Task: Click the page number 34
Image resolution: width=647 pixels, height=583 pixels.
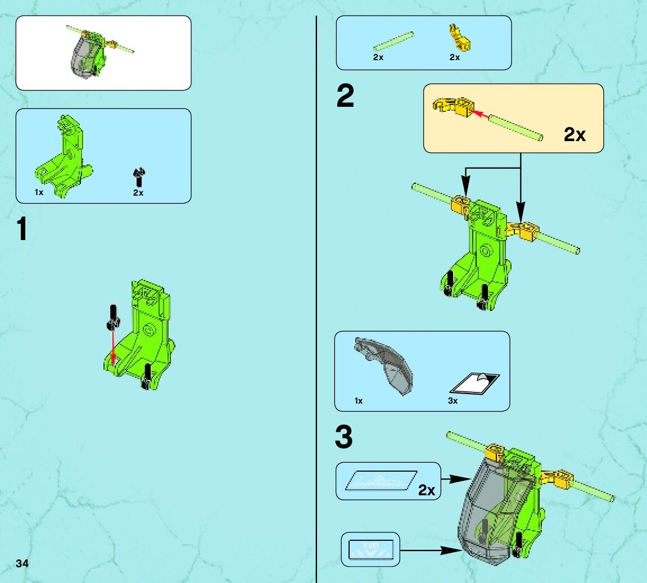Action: pos(22,564)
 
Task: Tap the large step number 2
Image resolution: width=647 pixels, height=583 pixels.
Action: pos(345,96)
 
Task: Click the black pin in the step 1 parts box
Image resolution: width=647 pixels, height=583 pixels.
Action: pos(139,177)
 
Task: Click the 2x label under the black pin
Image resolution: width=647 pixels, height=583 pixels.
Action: pos(138,193)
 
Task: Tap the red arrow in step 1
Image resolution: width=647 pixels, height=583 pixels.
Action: pos(113,346)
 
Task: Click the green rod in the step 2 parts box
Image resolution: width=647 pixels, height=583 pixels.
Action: pos(393,42)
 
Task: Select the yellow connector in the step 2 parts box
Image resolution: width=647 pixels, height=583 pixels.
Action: pos(460,38)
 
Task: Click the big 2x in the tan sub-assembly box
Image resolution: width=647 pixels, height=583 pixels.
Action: pos(574,134)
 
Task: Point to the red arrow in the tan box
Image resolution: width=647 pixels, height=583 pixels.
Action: pos(480,114)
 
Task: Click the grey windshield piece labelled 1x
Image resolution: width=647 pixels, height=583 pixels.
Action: pos(383,365)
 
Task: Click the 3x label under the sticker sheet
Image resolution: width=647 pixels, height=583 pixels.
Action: pos(453,401)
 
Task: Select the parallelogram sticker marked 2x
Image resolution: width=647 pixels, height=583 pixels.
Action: pos(381,481)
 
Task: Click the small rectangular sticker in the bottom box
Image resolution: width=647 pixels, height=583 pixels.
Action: pos(371,550)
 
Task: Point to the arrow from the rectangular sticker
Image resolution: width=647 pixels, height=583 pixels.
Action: pos(431,550)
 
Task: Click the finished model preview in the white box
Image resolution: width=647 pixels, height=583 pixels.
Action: pos(100,52)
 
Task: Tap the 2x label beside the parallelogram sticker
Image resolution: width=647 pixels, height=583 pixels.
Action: pos(427,490)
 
